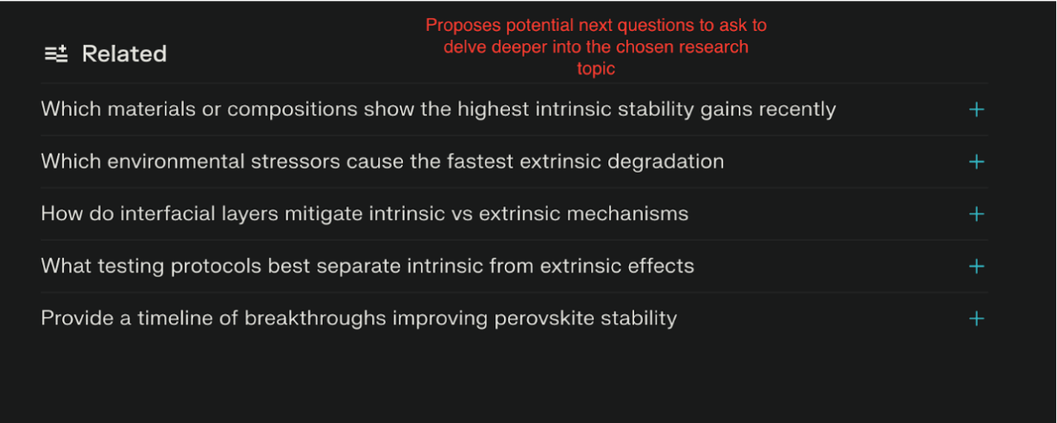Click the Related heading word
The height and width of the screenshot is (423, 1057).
coord(124,54)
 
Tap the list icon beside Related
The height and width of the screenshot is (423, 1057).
coord(56,54)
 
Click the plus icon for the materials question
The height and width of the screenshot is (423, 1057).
coord(976,110)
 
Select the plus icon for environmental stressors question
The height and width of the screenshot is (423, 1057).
coord(976,162)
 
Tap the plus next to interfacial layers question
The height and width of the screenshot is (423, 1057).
coord(976,214)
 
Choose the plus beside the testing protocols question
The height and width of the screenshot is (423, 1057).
coord(976,267)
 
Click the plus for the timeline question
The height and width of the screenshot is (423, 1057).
coord(976,319)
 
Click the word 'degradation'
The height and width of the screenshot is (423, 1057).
coord(665,162)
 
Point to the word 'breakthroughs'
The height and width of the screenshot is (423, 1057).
coord(315,319)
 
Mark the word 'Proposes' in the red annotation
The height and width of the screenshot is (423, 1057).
coord(462,26)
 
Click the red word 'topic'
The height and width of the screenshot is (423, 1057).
coord(596,69)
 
